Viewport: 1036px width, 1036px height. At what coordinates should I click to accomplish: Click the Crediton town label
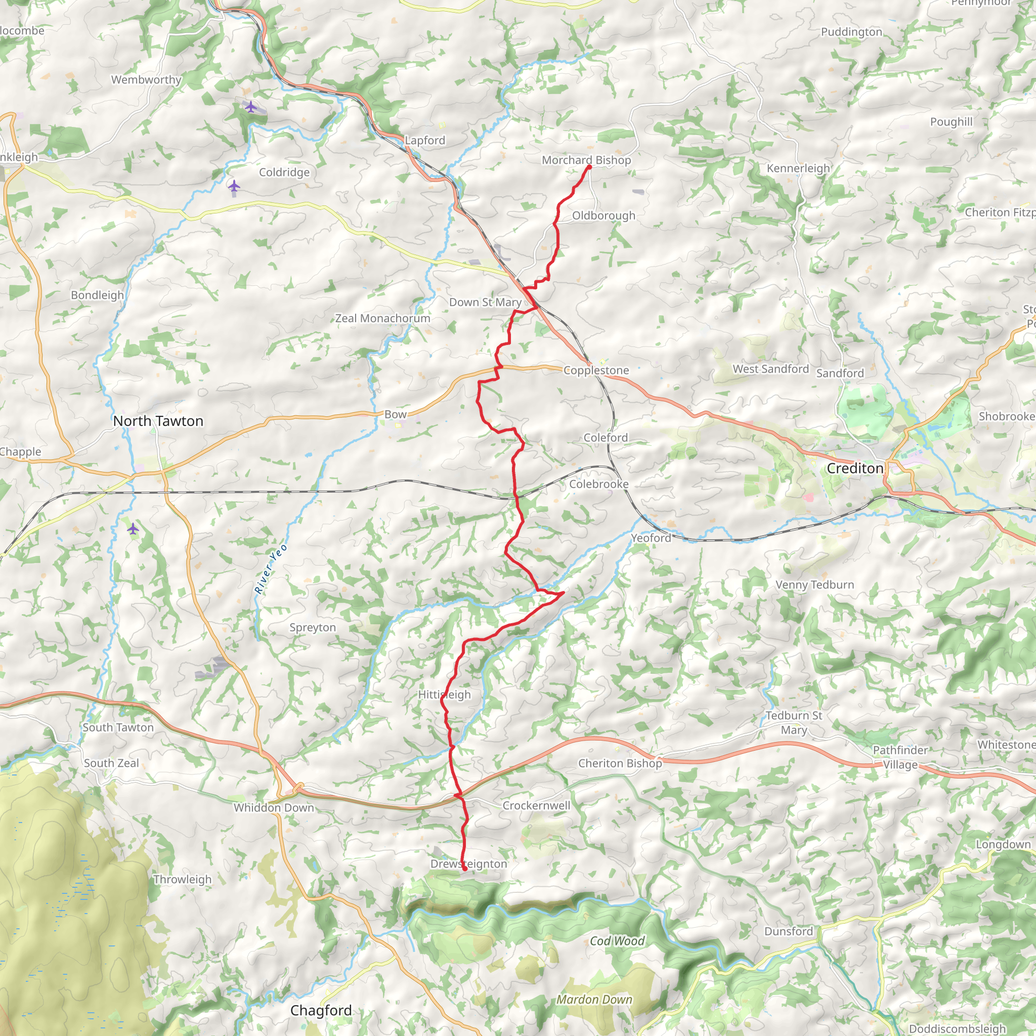click(x=855, y=468)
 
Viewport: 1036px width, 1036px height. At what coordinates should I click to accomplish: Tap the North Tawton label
click(x=158, y=421)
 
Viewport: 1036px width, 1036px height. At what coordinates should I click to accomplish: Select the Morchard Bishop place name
click(x=586, y=160)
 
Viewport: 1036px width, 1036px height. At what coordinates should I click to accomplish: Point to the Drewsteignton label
click(x=468, y=864)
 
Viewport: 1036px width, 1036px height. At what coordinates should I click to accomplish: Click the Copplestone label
click(x=596, y=370)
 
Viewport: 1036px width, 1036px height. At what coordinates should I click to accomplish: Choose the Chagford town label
click(x=321, y=1010)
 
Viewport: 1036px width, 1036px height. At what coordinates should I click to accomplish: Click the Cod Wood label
click(x=617, y=941)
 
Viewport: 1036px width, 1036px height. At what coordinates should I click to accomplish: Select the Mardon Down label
click(x=594, y=1000)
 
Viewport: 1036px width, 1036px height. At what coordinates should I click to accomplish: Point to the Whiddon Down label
click(x=274, y=807)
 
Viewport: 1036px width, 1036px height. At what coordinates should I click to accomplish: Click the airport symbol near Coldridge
click(x=234, y=187)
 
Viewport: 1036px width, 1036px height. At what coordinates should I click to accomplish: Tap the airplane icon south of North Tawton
click(x=133, y=529)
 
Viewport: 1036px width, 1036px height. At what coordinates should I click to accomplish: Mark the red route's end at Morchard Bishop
click(x=589, y=167)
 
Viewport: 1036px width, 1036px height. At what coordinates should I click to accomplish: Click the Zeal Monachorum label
click(x=382, y=318)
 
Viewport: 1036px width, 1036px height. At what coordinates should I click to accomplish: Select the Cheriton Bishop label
click(x=620, y=763)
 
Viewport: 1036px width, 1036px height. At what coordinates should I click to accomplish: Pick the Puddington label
click(x=851, y=32)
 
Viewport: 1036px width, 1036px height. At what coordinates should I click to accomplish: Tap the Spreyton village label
click(x=313, y=627)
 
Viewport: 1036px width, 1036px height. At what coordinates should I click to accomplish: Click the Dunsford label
click(x=788, y=931)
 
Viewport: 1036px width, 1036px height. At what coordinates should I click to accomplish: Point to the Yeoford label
click(x=651, y=538)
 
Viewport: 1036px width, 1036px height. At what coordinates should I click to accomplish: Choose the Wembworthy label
click(x=146, y=80)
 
